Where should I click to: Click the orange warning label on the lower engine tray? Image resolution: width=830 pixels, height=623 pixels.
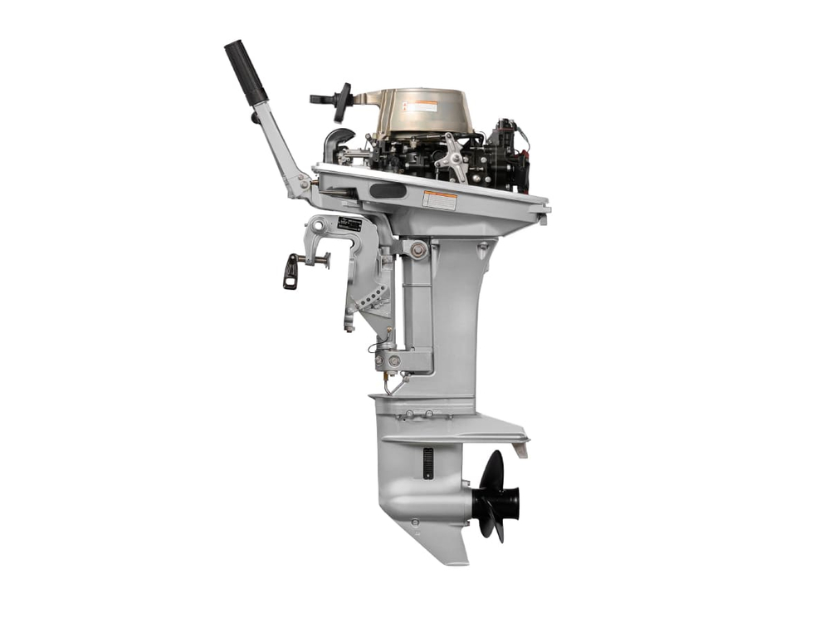[439, 199]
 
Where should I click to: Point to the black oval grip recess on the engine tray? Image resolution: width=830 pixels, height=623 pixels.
[388, 191]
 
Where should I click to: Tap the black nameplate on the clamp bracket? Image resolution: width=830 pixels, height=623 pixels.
[349, 223]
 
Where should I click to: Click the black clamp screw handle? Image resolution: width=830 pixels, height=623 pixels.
[290, 271]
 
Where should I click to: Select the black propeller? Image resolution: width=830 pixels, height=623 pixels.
[496, 496]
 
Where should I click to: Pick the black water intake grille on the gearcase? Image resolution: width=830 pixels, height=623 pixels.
[428, 463]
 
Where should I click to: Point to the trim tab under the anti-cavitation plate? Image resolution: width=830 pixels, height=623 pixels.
[520, 449]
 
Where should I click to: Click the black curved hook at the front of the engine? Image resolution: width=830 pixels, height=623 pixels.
[336, 140]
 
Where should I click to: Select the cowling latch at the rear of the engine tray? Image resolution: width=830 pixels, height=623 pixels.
[543, 218]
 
